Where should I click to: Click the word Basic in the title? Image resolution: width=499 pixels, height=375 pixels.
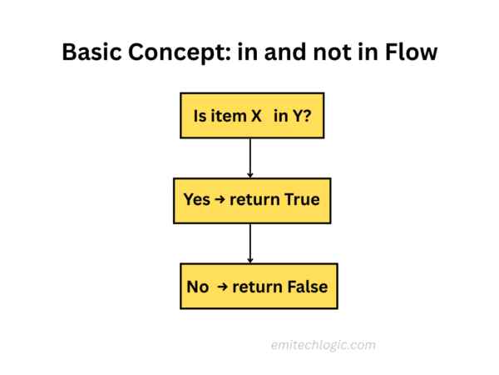click(x=92, y=54)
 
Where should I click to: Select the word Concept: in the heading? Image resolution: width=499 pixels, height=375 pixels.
click(x=179, y=54)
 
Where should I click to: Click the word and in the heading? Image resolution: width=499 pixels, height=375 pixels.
click(x=279, y=54)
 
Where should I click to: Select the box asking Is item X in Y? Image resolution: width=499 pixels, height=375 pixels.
click(x=249, y=116)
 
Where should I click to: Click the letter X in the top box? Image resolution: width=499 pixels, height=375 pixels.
click(x=256, y=117)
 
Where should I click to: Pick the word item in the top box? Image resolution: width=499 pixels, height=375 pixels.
click(x=228, y=117)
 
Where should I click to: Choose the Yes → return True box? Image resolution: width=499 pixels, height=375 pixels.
click(x=249, y=201)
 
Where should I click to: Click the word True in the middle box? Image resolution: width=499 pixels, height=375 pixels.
click(x=301, y=201)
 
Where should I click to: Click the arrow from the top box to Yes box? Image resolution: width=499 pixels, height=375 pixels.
click(x=249, y=157)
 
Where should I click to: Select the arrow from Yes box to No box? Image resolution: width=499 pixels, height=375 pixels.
click(x=249, y=243)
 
